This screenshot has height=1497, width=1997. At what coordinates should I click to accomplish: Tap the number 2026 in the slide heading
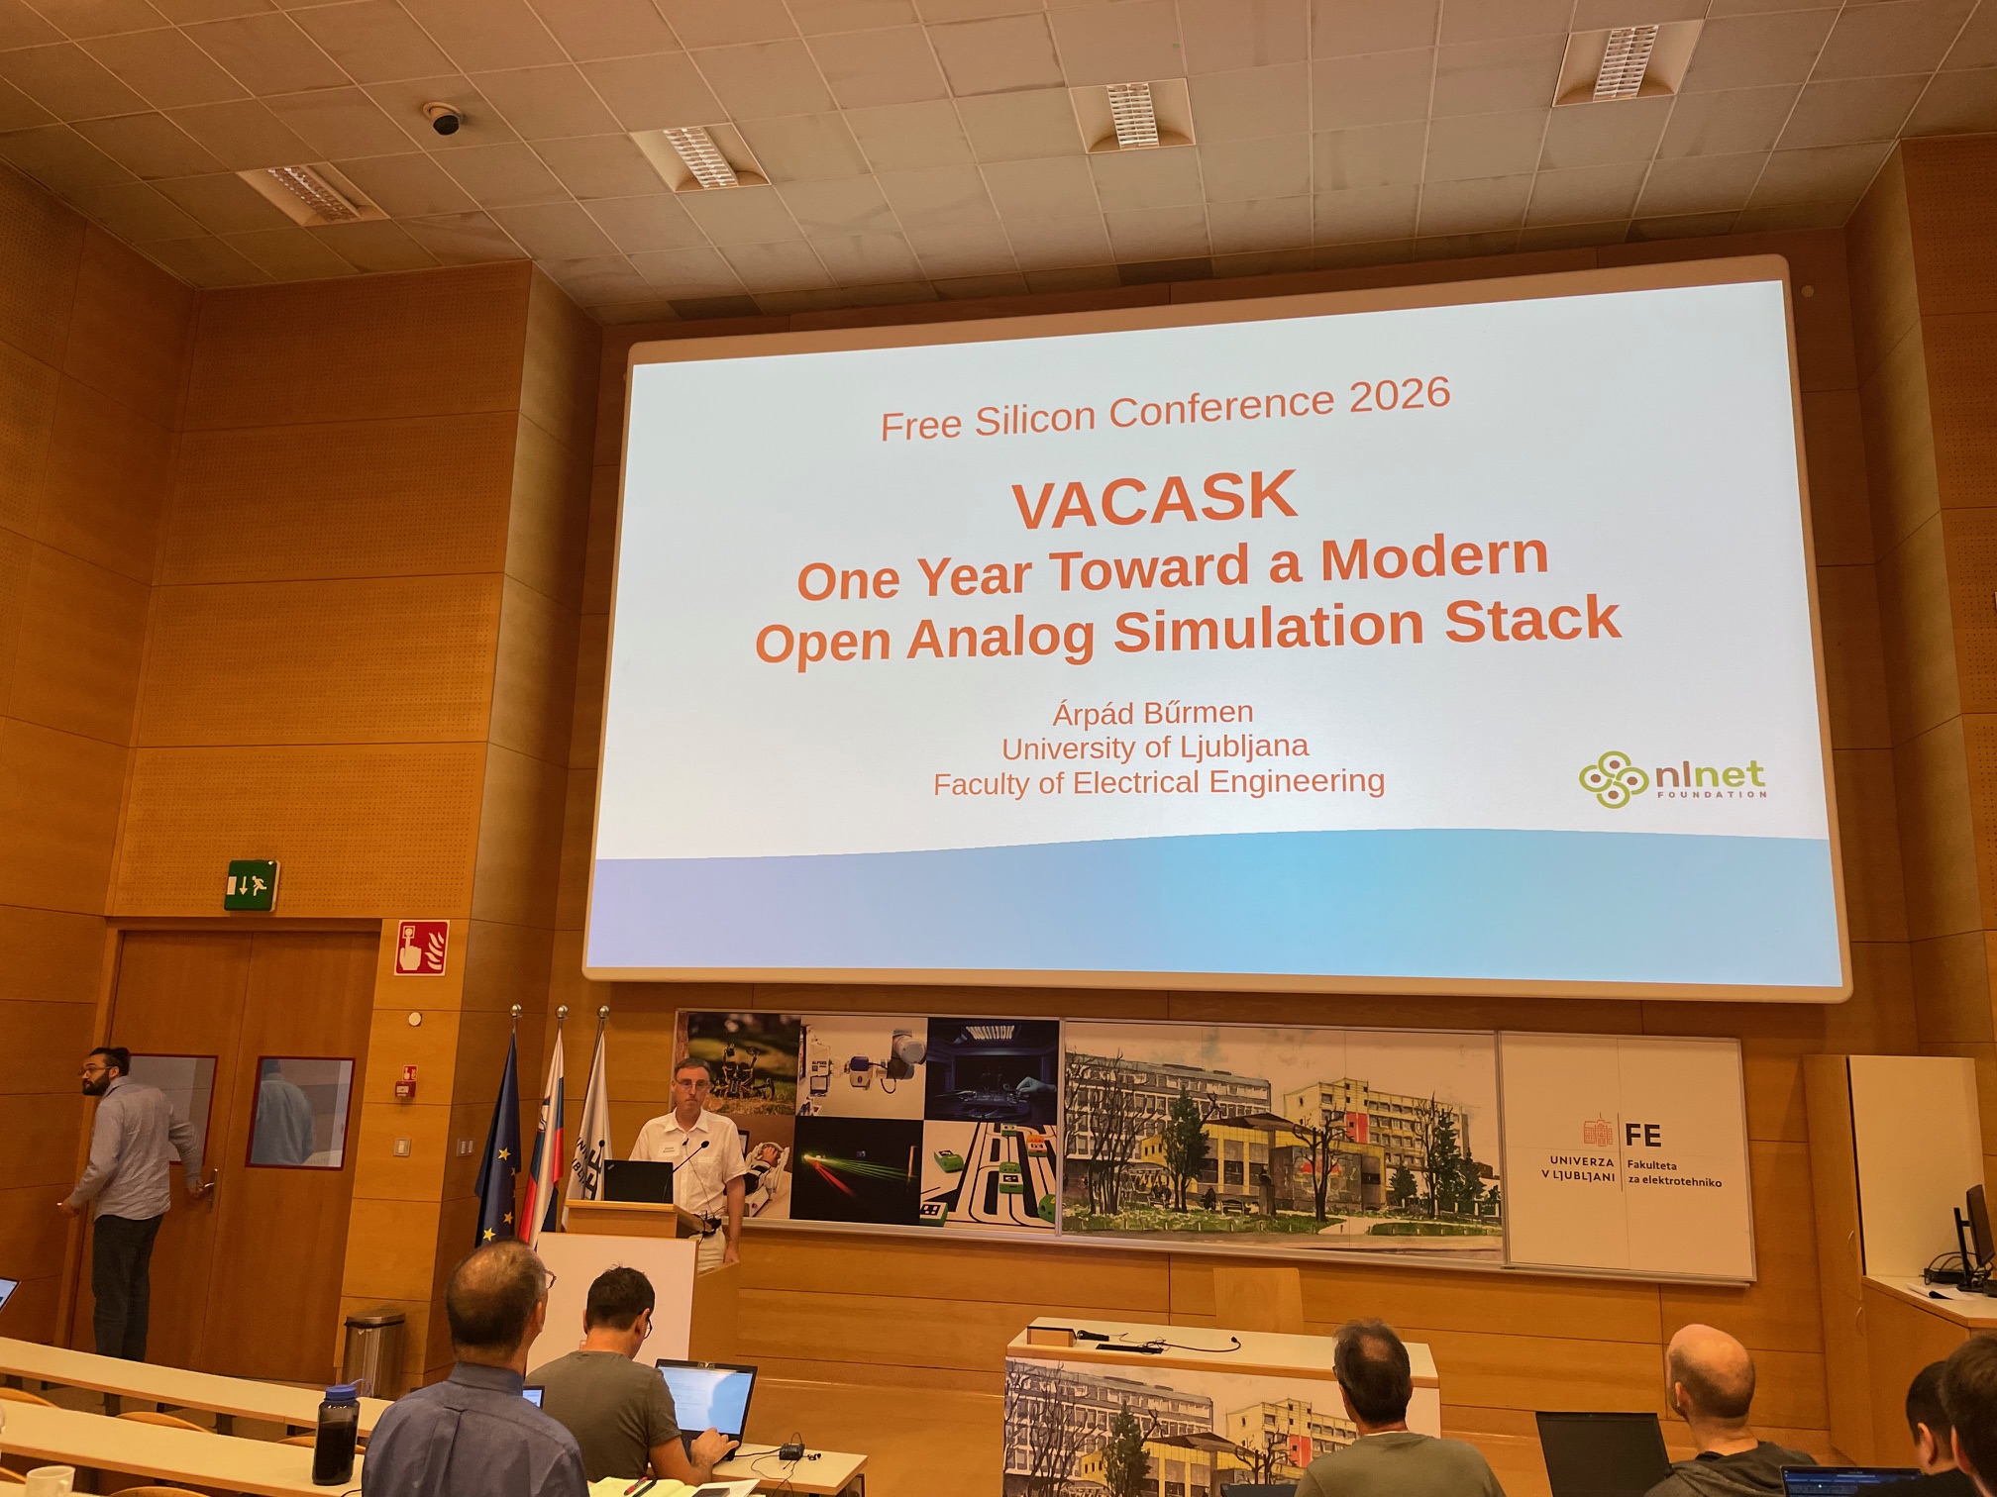click(1400, 395)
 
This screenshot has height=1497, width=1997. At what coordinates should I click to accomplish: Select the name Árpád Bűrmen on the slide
click(1153, 713)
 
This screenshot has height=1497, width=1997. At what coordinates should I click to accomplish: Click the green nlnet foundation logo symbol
click(1613, 779)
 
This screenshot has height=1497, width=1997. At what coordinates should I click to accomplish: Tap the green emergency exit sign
click(251, 884)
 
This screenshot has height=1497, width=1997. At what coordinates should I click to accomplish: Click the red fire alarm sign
click(421, 948)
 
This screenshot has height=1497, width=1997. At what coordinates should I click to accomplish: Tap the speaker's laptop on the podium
click(638, 1181)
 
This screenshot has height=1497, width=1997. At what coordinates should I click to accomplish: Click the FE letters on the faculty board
click(1642, 1134)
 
